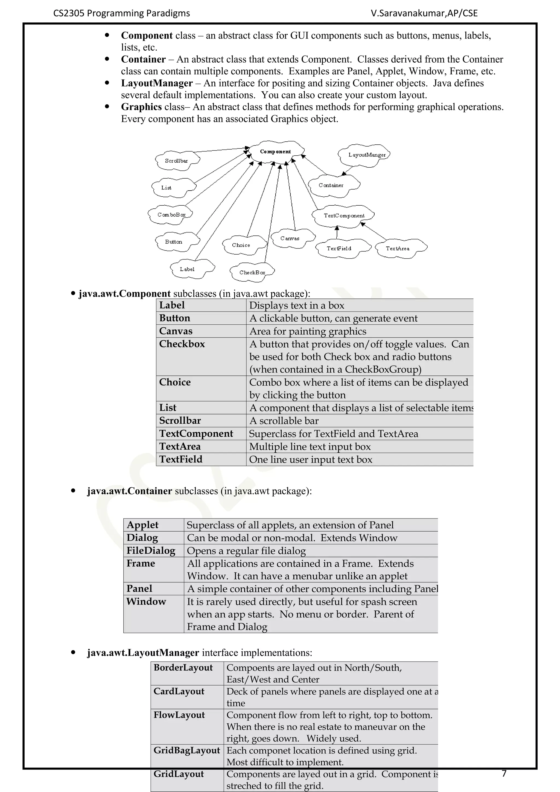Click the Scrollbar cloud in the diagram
pyautogui.click(x=177, y=161)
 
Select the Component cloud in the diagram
pyautogui.click(x=276, y=152)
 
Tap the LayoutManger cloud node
pyautogui.click(x=367, y=155)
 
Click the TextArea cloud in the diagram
pyautogui.click(x=398, y=248)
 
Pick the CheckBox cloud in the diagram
pyautogui.click(x=252, y=272)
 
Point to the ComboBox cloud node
pyautogui.click(x=171, y=215)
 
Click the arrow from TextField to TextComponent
pyautogui.click(x=337, y=232)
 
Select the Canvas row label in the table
pyautogui.click(x=176, y=331)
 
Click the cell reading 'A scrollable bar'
pyautogui.click(x=284, y=421)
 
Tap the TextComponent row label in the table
pyautogui.click(x=196, y=433)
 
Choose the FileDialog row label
pyautogui.click(x=151, y=551)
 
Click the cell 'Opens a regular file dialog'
pyautogui.click(x=246, y=551)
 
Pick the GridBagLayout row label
pyautogui.click(x=186, y=750)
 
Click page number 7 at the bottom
pyautogui.click(x=504, y=773)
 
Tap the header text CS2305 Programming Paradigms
pyautogui.click(x=121, y=13)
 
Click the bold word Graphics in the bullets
pyautogui.click(x=141, y=107)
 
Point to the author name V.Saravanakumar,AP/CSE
pyautogui.click(x=424, y=13)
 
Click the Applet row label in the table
pyautogui.click(x=142, y=525)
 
